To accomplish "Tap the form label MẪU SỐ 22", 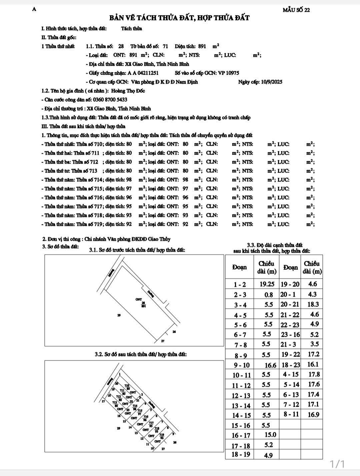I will click(296, 10).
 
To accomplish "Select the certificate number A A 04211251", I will click(143, 73).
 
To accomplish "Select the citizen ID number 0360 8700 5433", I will click(107, 100).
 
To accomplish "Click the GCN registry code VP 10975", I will click(228, 73).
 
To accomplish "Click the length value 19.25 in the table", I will click(267, 284).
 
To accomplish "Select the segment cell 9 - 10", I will click(242, 365).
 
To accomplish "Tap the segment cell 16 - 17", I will click(242, 435).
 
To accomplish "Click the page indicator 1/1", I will click(337, 464).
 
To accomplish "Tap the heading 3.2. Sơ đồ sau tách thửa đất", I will click(141, 354).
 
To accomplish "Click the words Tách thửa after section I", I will click(131, 29).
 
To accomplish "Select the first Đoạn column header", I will click(240, 267).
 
